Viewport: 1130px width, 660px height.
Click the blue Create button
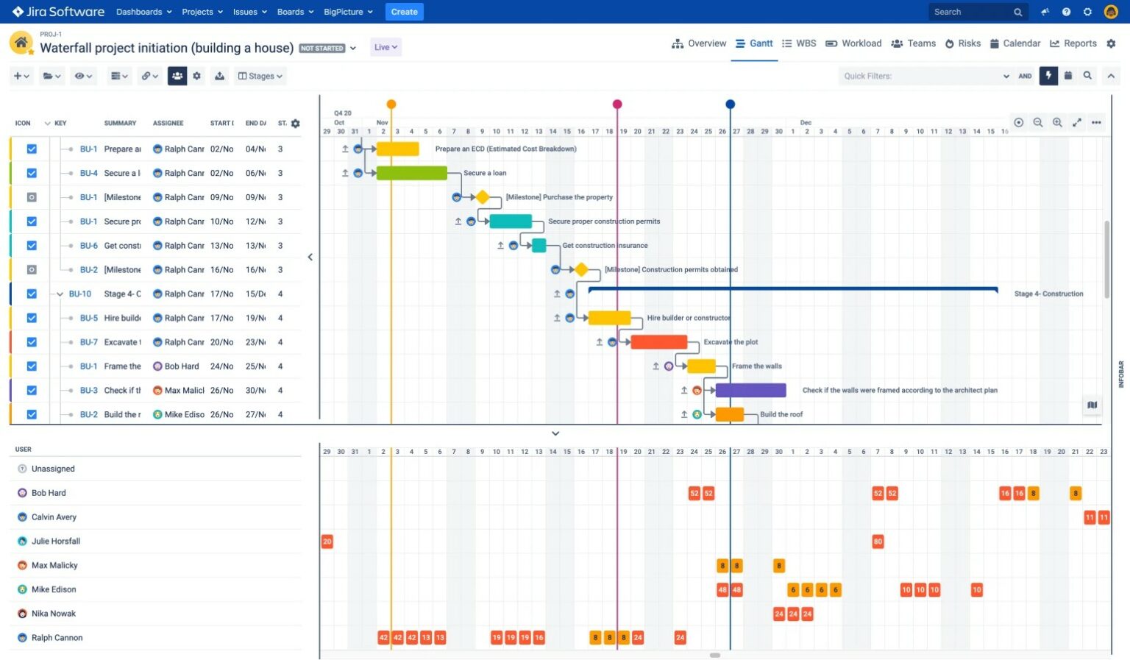(404, 12)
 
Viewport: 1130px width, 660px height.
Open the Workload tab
(853, 43)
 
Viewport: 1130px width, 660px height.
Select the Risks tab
(963, 43)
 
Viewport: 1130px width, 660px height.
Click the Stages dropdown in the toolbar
(260, 76)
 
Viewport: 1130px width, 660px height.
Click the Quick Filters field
(920, 76)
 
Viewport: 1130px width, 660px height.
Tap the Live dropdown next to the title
(385, 47)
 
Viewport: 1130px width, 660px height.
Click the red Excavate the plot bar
(658, 342)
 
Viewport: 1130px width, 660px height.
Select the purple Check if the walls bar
(750, 391)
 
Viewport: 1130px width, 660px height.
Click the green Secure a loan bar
(411, 173)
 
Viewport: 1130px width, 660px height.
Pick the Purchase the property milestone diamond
(483, 197)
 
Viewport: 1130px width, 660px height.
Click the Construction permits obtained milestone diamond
(581, 270)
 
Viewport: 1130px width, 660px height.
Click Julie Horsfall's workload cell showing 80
(878, 542)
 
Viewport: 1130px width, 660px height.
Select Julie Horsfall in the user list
(55, 542)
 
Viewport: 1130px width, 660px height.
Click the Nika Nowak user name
(53, 614)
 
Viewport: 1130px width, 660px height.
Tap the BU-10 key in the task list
(80, 294)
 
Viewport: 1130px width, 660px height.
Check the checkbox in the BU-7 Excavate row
(32, 342)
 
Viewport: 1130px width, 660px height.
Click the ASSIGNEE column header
(168, 123)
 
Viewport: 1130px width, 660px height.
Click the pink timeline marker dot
(617, 104)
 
